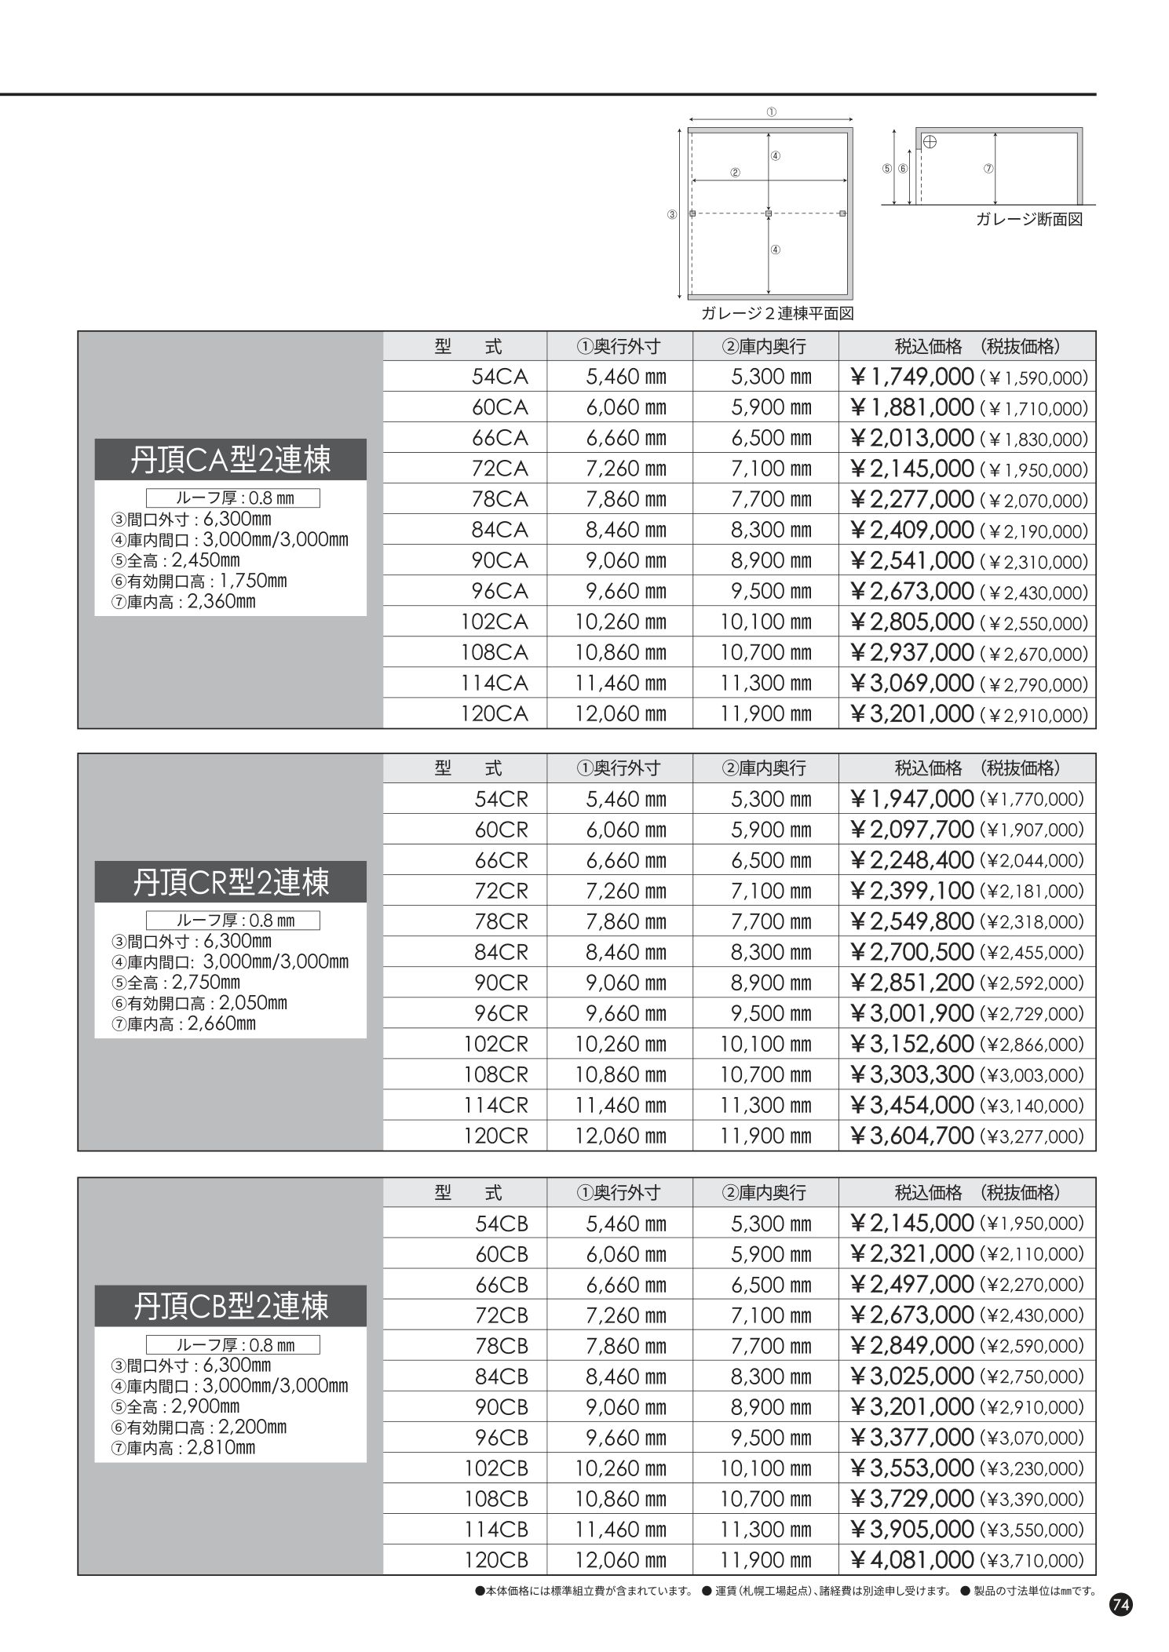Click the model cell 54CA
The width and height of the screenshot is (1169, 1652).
click(499, 377)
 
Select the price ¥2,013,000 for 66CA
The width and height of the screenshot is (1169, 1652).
click(911, 438)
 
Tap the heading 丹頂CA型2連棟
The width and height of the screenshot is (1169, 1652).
click(230, 460)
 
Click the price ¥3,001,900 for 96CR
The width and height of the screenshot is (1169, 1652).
click(911, 1013)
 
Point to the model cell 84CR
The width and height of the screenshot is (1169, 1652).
click(501, 952)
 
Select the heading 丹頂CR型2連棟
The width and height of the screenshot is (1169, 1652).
click(230, 882)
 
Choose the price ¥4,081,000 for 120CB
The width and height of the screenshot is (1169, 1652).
click(911, 1559)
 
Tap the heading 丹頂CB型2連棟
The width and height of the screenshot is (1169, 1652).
click(230, 1306)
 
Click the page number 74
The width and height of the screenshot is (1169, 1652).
click(1120, 1605)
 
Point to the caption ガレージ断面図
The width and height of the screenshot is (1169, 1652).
click(1028, 221)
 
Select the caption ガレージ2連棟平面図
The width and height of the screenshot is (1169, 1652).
click(776, 314)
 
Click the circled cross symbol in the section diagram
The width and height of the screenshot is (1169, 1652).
click(930, 142)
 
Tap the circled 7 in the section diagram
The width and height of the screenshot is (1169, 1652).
click(988, 169)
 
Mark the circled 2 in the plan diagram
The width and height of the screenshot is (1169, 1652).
click(735, 173)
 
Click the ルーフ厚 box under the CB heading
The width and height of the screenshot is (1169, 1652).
click(233, 1345)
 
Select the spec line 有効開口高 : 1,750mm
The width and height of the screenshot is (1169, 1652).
click(199, 582)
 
